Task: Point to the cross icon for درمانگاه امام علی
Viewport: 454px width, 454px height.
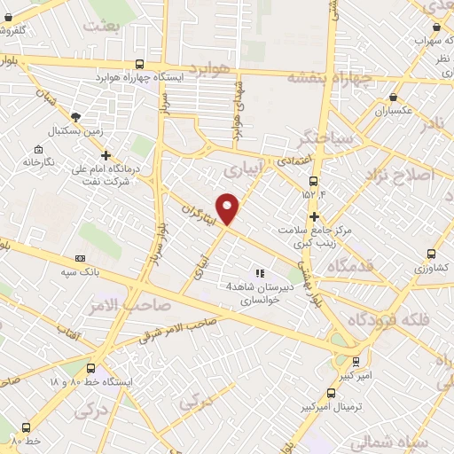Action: [106, 156]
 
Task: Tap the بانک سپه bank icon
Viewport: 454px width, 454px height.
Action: [81, 259]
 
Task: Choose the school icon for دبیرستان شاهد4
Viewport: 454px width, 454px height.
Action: [261, 274]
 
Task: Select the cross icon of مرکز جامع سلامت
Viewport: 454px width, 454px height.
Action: [314, 216]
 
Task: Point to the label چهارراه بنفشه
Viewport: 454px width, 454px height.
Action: [331, 77]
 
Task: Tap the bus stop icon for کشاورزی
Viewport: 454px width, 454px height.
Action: [431, 254]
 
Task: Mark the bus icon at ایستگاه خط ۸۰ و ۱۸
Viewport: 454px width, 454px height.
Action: [90, 369]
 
